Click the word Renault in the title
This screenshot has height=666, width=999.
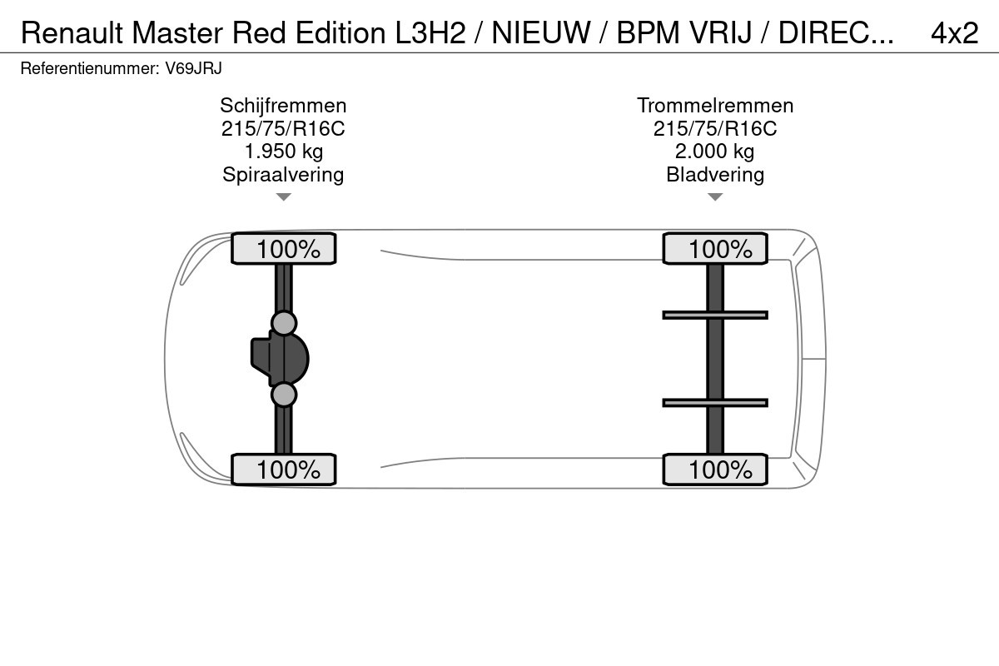pyautogui.click(x=72, y=33)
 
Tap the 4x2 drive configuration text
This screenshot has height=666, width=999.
pyautogui.click(x=954, y=33)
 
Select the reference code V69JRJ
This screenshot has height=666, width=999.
pyautogui.click(x=193, y=69)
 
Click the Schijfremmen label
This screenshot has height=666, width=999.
pyautogui.click(x=283, y=106)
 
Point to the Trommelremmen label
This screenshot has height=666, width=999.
pyautogui.click(x=715, y=106)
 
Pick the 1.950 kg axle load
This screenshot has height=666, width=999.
pyautogui.click(x=284, y=152)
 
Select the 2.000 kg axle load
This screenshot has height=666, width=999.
pyautogui.click(x=714, y=152)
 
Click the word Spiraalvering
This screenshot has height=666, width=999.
pyautogui.click(x=283, y=175)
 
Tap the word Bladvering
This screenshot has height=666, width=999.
pyautogui.click(x=715, y=175)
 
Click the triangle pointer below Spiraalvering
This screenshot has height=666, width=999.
pyautogui.click(x=284, y=196)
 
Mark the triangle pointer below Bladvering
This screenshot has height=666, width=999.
pyautogui.click(x=715, y=196)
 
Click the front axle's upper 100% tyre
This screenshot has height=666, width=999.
pyautogui.click(x=284, y=248)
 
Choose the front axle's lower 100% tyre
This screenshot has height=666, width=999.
pyautogui.click(x=284, y=470)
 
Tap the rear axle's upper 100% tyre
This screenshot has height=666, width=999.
pyautogui.click(x=715, y=248)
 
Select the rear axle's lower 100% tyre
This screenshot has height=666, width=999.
pyautogui.click(x=715, y=470)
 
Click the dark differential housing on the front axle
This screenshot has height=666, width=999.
pyautogui.click(x=280, y=359)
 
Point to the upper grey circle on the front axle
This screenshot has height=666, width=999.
pyautogui.click(x=284, y=323)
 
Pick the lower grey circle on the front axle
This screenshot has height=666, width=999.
pyautogui.click(x=284, y=395)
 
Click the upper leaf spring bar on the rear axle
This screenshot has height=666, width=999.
pyautogui.click(x=715, y=316)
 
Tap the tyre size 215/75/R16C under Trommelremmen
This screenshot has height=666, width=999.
pyautogui.click(x=715, y=128)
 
